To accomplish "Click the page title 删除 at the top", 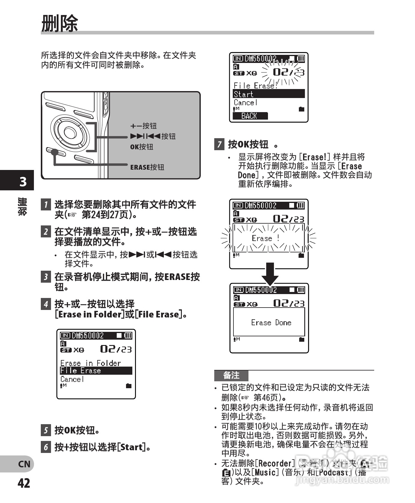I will (x=59, y=23).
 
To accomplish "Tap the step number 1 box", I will (x=46, y=204).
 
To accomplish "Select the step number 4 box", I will (x=46, y=304).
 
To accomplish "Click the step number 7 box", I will (x=219, y=144).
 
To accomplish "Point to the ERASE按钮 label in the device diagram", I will (x=147, y=167).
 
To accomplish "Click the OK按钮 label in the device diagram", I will (x=142, y=147).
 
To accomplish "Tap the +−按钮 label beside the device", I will (x=143, y=126).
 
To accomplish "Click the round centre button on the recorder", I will (x=70, y=132).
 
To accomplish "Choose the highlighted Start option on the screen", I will (x=269, y=94).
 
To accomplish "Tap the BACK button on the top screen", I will (x=250, y=116).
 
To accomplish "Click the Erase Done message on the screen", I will (x=271, y=323).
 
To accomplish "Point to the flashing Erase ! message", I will (x=266, y=238).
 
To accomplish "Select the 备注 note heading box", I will (x=231, y=375).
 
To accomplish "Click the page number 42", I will (x=24, y=483).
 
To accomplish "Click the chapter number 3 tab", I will (x=23, y=181).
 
